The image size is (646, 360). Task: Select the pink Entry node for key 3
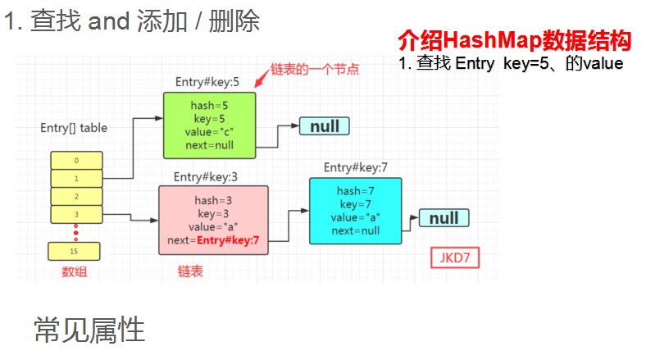(213, 220)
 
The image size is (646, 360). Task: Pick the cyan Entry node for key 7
(356, 211)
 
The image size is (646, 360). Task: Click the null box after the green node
(325, 125)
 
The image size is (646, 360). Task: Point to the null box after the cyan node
(444, 218)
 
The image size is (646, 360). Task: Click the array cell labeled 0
(76, 160)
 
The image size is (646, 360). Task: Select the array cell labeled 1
(76, 178)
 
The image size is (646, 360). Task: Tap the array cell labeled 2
(76, 196)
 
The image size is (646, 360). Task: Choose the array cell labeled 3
(76, 214)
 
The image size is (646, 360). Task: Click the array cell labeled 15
(74, 251)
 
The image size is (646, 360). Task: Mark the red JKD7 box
(455, 258)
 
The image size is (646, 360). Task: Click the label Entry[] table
(74, 128)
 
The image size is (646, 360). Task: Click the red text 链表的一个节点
(315, 70)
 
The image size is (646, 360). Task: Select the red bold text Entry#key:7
(229, 240)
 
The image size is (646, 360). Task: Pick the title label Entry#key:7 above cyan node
(356, 167)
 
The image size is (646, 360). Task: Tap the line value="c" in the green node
(209, 131)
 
